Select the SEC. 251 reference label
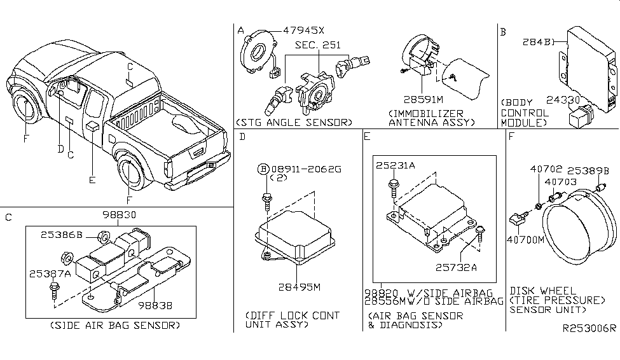pyautogui.click(x=317, y=45)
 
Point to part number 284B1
pyautogui.click(x=540, y=43)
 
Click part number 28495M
pyautogui.click(x=299, y=287)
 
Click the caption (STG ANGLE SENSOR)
pyautogui.click(x=293, y=121)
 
